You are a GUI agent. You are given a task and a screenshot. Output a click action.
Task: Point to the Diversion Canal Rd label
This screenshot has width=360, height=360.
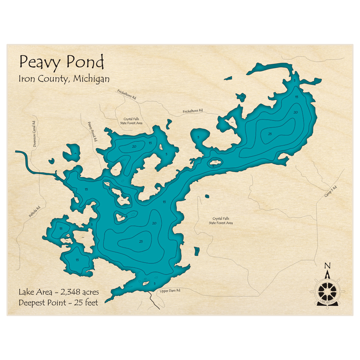point(34,134)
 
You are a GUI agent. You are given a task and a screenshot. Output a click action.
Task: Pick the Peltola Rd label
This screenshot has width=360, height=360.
point(35,212)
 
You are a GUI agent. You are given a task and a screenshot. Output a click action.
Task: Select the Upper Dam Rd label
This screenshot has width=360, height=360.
point(170,291)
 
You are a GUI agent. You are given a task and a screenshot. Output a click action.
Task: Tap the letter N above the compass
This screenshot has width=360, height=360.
point(327,266)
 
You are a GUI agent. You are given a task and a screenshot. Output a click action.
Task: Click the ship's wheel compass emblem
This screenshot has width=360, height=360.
point(327,290)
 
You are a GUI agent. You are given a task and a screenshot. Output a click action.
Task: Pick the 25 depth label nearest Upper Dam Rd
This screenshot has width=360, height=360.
point(141,241)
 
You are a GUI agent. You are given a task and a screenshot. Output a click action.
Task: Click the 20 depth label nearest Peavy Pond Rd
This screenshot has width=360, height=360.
point(134,147)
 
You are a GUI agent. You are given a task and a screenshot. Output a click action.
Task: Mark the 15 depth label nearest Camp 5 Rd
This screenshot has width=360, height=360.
point(297,97)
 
